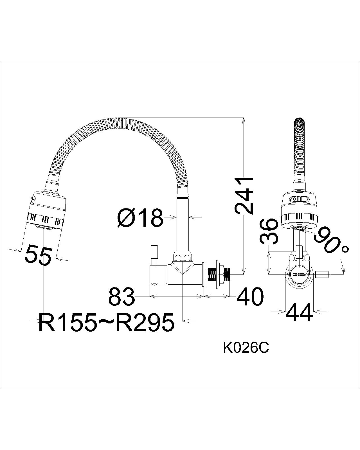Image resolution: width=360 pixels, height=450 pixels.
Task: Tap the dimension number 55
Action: pyautogui.click(x=39, y=255)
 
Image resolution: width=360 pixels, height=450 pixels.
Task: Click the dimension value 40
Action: pyautogui.click(x=250, y=296)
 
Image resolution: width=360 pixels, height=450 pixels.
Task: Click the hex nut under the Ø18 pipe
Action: pyautogui.click(x=183, y=257)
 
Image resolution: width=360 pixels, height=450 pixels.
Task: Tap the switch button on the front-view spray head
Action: pyautogui.click(x=299, y=199)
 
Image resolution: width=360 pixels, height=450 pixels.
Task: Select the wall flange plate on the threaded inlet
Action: pyautogui.click(x=217, y=274)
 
